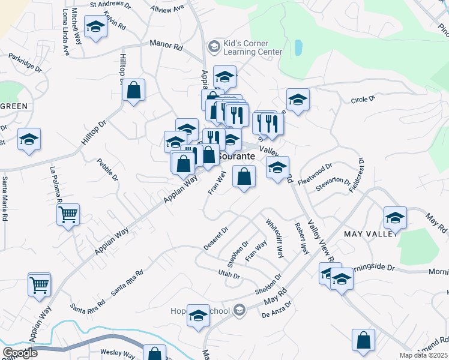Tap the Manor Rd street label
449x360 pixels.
click(166, 46)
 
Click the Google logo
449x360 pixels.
click(20, 353)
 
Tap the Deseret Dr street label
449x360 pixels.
click(216, 238)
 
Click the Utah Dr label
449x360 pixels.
click(229, 275)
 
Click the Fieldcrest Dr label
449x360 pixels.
click(359, 175)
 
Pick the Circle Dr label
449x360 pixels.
click(363, 97)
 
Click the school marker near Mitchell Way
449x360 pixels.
click(95, 27)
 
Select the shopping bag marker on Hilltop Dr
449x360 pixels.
click(133, 91)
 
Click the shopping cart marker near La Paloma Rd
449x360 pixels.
click(68, 214)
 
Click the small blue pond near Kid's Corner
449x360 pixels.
click(298, 47)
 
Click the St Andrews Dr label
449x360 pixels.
click(110, 4)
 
